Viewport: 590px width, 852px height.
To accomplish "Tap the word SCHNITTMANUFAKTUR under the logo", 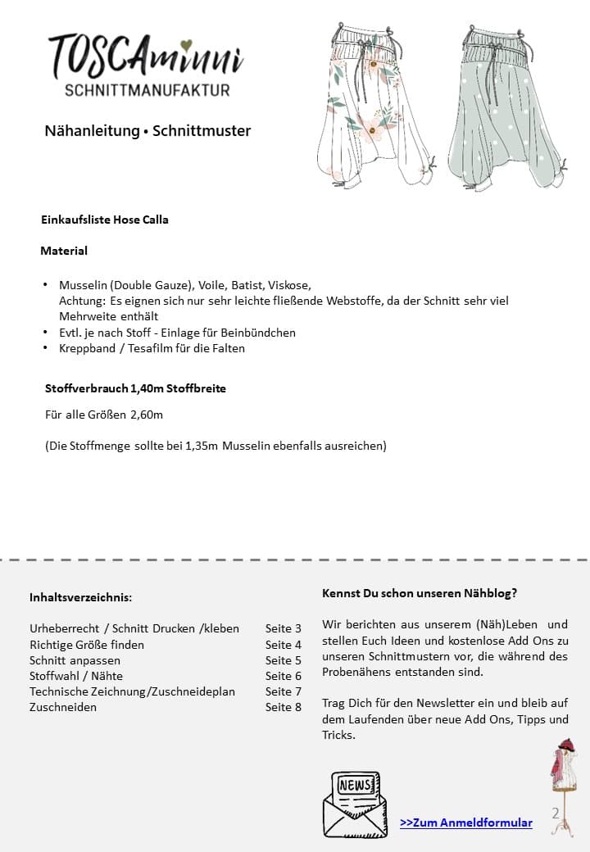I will click(147, 90).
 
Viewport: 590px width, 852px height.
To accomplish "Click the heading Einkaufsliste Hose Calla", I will click(105, 220).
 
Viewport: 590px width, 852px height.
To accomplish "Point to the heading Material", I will click(64, 251).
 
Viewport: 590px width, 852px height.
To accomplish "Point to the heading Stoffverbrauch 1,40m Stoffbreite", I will click(135, 388).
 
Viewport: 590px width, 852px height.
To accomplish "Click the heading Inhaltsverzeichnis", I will click(80, 597).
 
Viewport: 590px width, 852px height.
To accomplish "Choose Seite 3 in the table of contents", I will click(284, 628).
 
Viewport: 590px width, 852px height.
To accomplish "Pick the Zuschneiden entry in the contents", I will click(63, 707).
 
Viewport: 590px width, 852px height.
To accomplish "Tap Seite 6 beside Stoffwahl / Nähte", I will click(284, 676).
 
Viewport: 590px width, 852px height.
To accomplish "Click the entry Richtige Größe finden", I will click(87, 645).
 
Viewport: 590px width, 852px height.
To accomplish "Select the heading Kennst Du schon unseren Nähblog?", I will click(420, 592).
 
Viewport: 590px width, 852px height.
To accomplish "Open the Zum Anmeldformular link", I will click(466, 823).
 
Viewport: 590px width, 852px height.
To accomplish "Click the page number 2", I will click(556, 813).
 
